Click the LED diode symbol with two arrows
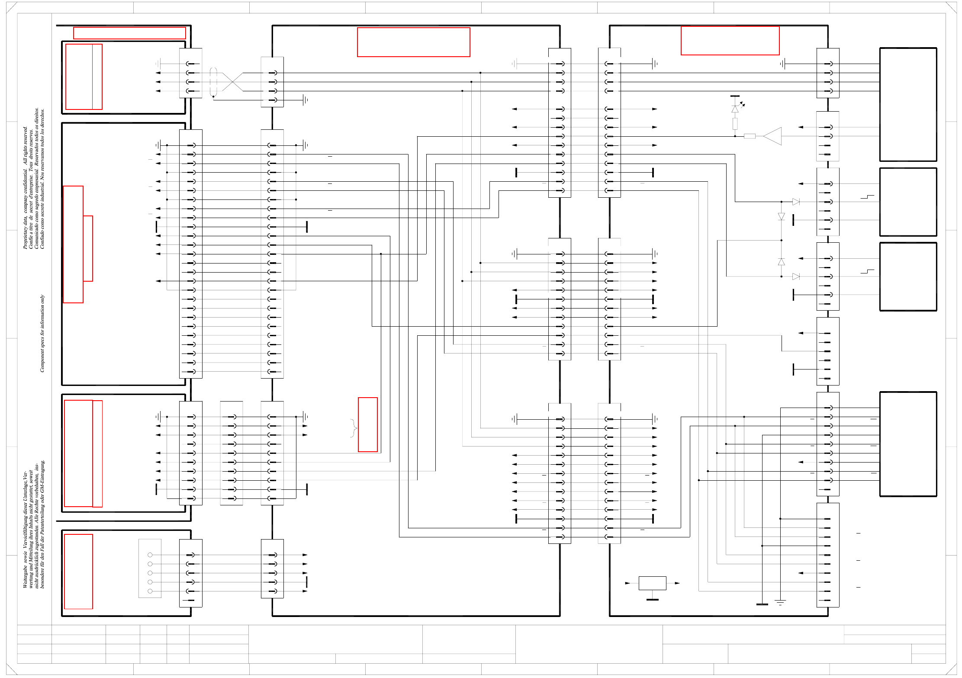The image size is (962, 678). [736, 109]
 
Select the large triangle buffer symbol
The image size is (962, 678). [773, 136]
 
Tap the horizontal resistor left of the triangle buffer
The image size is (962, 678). [750, 136]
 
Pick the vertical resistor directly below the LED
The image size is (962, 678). [735, 124]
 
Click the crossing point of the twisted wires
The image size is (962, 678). [233, 82]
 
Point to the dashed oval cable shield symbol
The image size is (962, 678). [213, 82]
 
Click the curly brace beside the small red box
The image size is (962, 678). [354, 428]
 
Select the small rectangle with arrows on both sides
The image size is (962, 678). [652, 583]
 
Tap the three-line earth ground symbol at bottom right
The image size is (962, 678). [780, 602]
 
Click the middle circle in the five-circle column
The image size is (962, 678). [150, 573]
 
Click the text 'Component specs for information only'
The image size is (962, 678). [42, 333]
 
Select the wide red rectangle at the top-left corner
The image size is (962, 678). [129, 33]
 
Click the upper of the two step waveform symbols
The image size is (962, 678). [867, 197]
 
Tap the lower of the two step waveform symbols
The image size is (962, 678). [867, 272]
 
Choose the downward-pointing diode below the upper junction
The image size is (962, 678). [781, 216]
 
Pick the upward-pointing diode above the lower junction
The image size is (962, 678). [781, 262]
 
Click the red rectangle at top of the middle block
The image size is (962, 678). [413, 42]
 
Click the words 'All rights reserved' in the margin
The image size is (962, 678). [25, 145]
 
